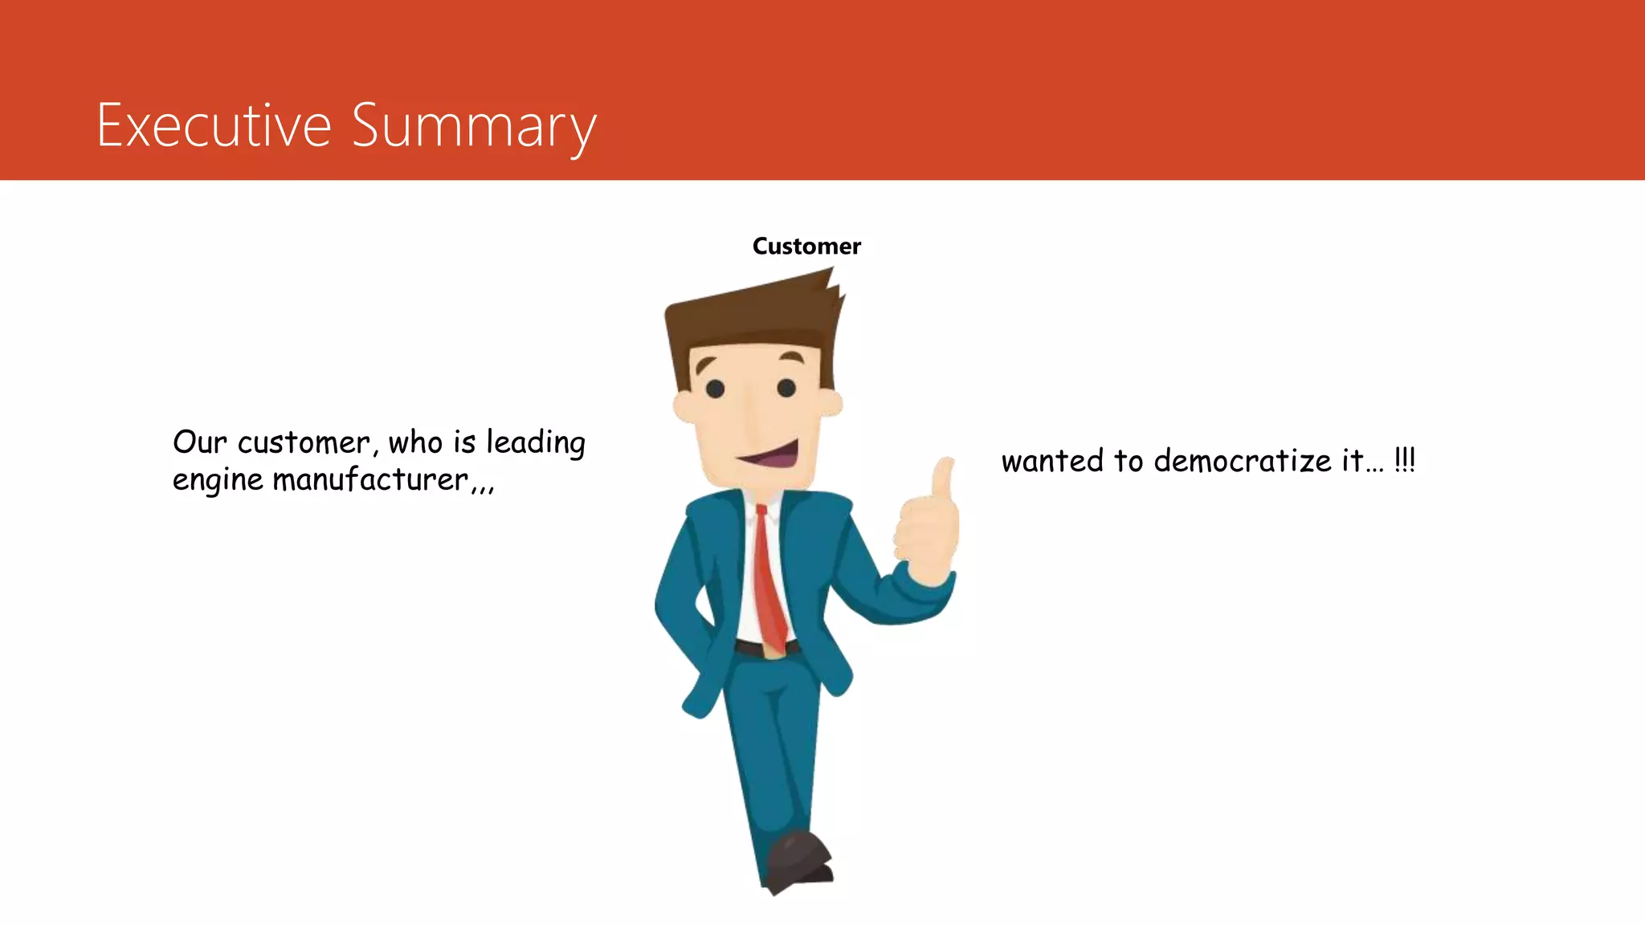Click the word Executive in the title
pos(214,125)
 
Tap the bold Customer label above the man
pos(806,247)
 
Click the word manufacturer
pos(370,480)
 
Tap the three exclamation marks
pos(1405,460)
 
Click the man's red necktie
pos(768,578)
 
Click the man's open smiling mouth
pos(771,456)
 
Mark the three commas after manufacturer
pos(484,486)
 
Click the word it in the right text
pos(1352,462)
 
